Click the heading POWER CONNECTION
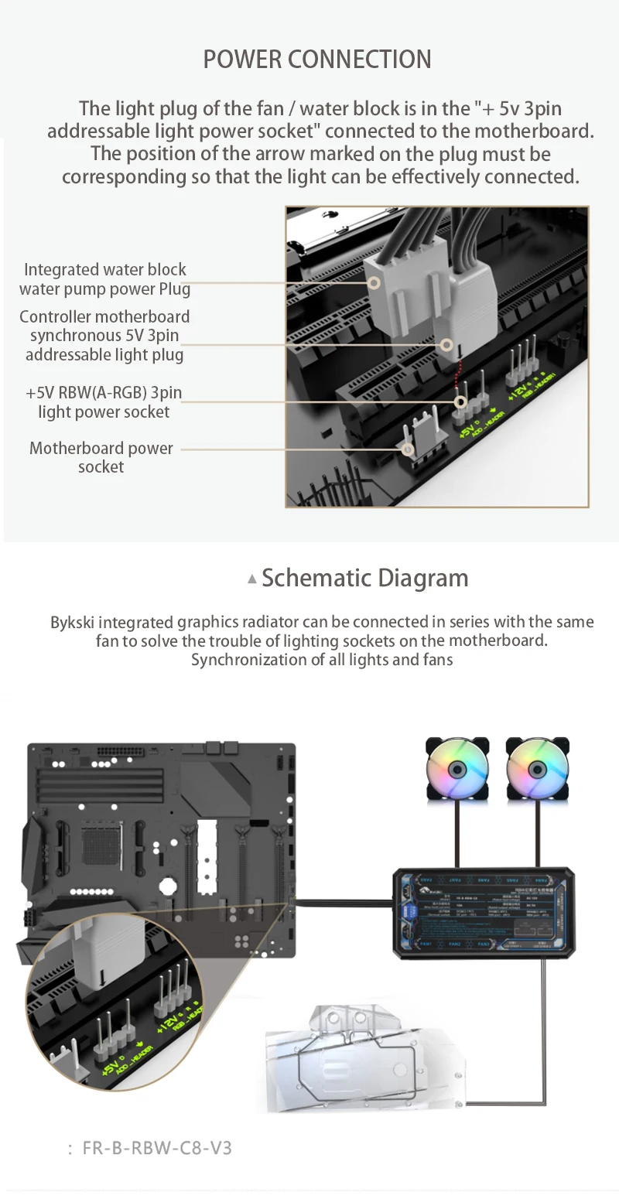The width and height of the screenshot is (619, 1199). pos(317,60)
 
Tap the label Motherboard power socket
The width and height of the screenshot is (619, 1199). pos(101,457)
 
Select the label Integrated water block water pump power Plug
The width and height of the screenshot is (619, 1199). pos(104,279)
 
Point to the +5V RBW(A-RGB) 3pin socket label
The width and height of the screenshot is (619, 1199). pos(104,401)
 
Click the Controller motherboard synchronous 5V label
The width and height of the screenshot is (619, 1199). pos(104,336)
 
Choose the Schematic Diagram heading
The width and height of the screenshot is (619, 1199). pos(364,578)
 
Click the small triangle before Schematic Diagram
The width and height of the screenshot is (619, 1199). pos(251,579)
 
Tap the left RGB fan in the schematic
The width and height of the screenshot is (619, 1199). pos(457,769)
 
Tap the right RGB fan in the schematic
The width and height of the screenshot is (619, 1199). pos(537,769)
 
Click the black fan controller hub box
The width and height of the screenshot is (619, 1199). pos(484,914)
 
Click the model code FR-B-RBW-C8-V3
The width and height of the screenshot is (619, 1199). pos(157,1147)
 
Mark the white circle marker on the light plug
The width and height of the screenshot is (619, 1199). pos(446,345)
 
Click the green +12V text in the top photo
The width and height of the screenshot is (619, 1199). pos(518,389)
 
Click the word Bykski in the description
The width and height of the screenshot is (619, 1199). pos(73,622)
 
